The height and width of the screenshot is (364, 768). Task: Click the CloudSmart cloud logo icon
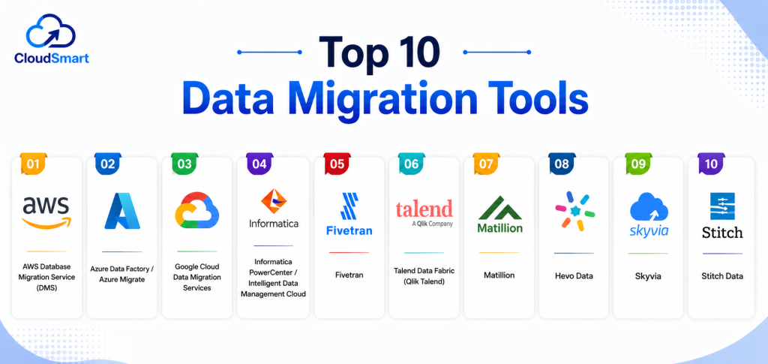(x=51, y=32)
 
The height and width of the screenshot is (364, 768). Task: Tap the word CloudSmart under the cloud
(x=52, y=59)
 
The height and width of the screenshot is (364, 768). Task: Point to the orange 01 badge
(x=33, y=164)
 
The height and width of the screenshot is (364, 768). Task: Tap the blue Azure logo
(x=122, y=211)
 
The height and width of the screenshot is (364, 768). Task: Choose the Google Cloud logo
(x=197, y=210)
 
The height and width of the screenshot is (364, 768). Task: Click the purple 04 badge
(x=259, y=164)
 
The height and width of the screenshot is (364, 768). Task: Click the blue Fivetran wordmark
(x=349, y=230)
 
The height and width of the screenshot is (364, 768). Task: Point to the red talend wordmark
(x=424, y=209)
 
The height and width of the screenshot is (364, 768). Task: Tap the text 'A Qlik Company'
(x=433, y=224)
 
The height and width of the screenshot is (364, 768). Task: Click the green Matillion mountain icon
(x=500, y=208)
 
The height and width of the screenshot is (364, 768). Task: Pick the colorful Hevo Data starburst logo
(x=575, y=211)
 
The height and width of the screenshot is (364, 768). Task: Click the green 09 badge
(x=638, y=164)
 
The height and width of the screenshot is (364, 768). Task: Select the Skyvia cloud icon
(x=649, y=206)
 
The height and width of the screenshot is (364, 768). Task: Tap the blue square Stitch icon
(x=722, y=206)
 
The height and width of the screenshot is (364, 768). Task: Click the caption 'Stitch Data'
(x=722, y=276)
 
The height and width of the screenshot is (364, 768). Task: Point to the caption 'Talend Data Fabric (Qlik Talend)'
(x=424, y=276)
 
